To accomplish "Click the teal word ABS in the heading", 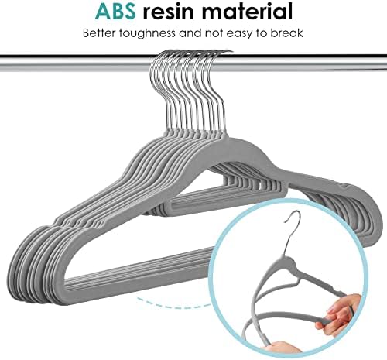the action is coord(115,12).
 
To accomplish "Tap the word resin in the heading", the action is coord(168,12).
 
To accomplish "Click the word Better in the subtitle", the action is coord(99,33).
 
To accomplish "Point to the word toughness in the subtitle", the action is coord(147,33).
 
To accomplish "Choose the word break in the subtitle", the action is coord(287,33).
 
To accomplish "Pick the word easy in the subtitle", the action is coord(238,34).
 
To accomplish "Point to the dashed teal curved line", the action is coord(173,304).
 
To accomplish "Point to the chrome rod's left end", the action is coord(1,62).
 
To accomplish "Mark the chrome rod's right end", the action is coord(385,62).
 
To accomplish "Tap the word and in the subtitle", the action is coord(190,33).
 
